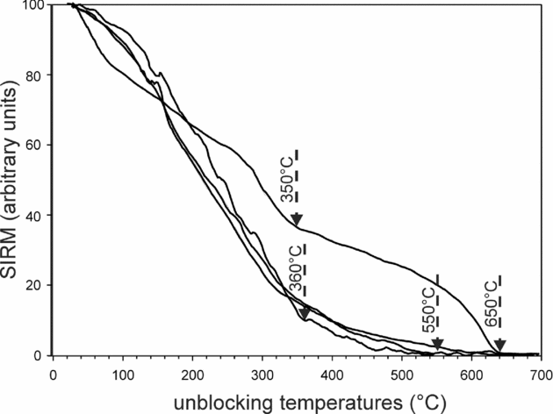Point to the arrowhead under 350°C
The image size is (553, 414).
(x=297, y=219)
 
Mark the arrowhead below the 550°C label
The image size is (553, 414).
(x=437, y=343)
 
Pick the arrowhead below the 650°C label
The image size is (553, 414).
(x=499, y=344)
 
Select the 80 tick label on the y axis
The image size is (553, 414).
(x=37, y=75)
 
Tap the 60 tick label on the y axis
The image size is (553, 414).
(x=37, y=146)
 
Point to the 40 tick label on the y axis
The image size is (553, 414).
(x=37, y=216)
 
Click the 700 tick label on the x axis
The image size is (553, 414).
(x=540, y=370)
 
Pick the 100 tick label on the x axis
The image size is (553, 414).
(x=122, y=370)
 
